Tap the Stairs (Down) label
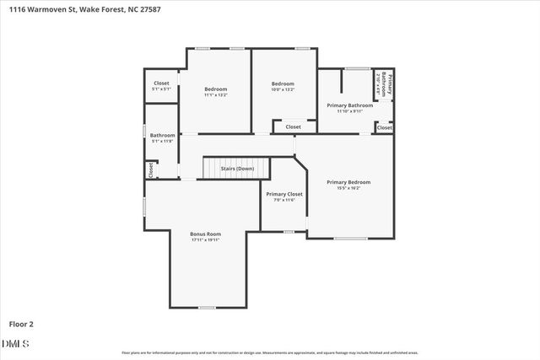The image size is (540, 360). [237, 169]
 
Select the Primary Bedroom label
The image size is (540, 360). [348, 182]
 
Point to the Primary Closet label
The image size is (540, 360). [283, 194]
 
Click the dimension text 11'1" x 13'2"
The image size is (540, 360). [215, 95]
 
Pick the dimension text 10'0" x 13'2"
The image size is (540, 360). [283, 89]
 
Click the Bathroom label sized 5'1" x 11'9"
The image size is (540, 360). [163, 135]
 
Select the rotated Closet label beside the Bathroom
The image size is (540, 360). [151, 169]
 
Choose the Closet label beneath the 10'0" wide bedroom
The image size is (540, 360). [293, 127]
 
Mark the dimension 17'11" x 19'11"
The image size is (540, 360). [205, 240]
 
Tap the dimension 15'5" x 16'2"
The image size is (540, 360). [348, 188]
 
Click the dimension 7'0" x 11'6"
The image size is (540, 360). [283, 200]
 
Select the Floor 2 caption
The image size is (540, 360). [22, 323]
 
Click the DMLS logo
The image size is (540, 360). [16, 343]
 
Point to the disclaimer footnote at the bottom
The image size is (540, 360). [270, 352]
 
